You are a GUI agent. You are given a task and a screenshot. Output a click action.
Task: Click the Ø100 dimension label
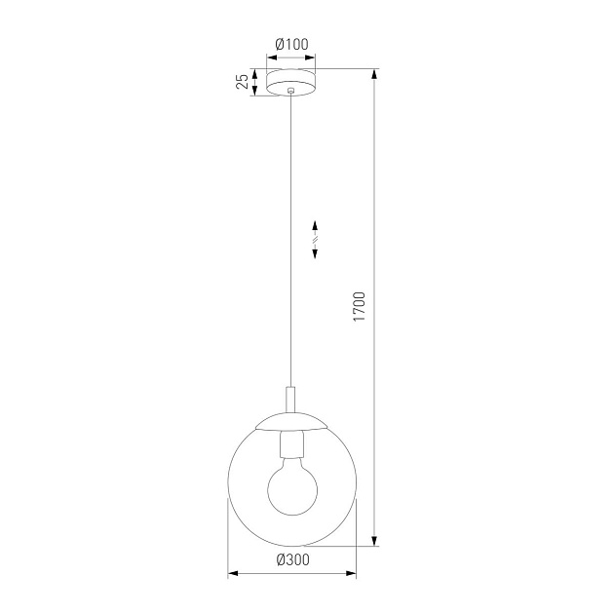point(292,45)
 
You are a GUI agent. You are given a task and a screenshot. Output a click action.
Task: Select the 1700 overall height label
point(359,307)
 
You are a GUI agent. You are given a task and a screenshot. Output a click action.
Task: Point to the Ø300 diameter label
point(292,560)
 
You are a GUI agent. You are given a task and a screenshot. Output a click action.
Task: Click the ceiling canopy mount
point(292,82)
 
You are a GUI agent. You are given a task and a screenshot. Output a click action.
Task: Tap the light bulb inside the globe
point(292,492)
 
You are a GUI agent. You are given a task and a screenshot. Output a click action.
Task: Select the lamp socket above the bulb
point(292,446)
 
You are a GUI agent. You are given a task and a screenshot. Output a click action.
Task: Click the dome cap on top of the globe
point(292,422)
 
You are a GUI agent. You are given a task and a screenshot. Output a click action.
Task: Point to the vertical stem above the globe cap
point(292,400)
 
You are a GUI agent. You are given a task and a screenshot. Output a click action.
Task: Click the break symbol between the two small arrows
point(316,238)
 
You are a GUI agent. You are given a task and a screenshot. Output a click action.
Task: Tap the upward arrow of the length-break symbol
point(316,223)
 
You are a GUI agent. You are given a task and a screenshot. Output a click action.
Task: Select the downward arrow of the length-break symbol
point(316,253)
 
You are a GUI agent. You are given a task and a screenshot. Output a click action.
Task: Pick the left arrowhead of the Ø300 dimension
point(232,575)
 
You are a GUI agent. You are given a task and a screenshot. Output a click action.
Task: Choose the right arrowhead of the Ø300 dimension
point(352,575)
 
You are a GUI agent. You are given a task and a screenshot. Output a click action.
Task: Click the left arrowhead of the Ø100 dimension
point(271,58)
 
